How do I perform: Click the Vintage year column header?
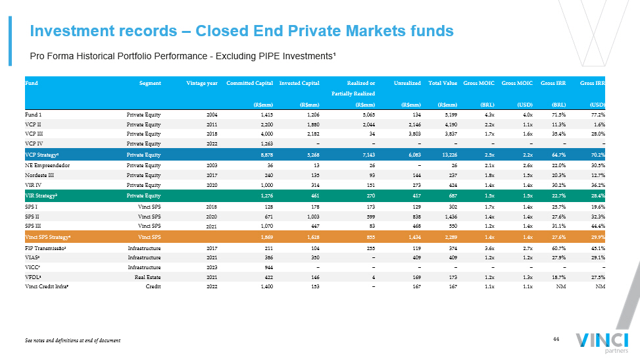(202, 84)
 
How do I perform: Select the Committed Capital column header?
(249, 84)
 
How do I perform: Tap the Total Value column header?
(443, 84)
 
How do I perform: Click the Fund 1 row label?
(34, 115)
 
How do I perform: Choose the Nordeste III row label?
(40, 175)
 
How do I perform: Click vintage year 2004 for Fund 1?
(212, 115)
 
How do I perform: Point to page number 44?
(555, 338)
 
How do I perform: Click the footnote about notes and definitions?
(72, 340)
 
